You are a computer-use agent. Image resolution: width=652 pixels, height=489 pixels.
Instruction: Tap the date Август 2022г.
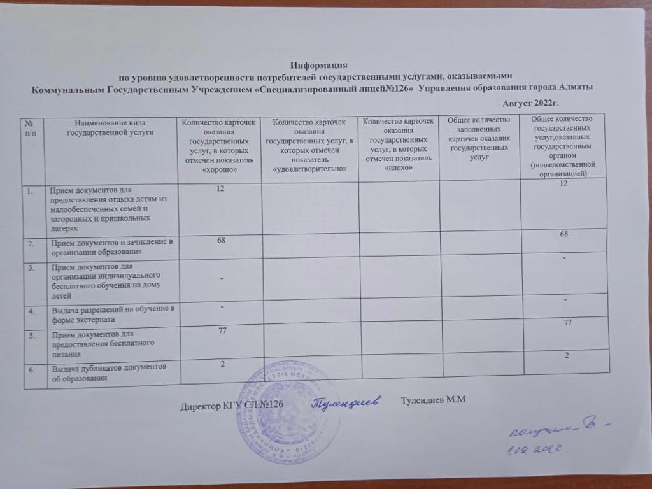(533, 103)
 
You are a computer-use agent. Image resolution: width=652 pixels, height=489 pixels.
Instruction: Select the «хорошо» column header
(219, 146)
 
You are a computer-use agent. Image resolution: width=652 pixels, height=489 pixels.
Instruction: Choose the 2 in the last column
(565, 355)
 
